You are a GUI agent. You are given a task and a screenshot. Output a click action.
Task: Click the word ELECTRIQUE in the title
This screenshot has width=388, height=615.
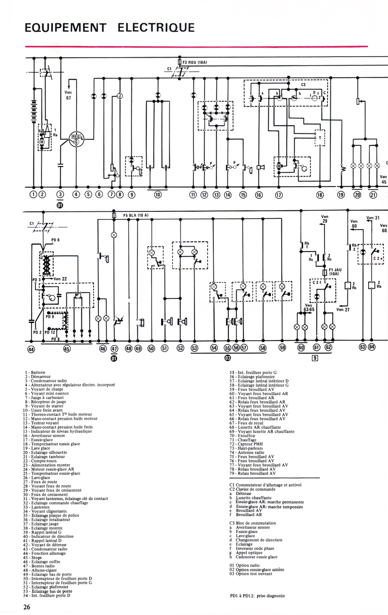pyautogui.click(x=156, y=28)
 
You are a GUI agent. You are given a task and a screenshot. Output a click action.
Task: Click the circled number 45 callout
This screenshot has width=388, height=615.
pyautogui.click(x=66, y=348)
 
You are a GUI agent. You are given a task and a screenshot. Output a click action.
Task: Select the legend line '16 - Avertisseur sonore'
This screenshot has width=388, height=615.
pyautogui.click(x=46, y=435)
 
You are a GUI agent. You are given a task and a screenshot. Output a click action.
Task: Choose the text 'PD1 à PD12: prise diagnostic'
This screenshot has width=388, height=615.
pyautogui.click(x=259, y=595)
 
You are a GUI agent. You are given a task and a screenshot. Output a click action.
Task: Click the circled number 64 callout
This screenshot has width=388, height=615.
pyautogui.click(x=372, y=347)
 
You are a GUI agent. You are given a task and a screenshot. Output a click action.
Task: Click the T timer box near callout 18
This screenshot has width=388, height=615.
pyautogui.click(x=320, y=137)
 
